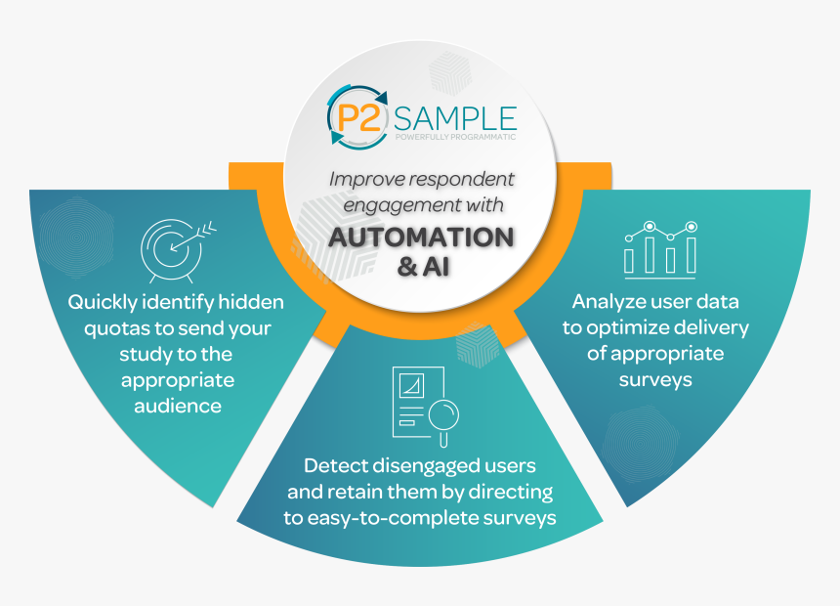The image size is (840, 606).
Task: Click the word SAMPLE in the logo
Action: pyautogui.click(x=455, y=118)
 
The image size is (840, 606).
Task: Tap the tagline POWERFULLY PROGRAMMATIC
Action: pyautogui.click(x=455, y=137)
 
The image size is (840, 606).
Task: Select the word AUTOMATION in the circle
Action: pyautogui.click(x=421, y=238)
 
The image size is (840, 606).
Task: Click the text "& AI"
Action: pyautogui.click(x=420, y=267)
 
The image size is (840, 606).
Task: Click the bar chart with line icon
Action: pyautogui.click(x=660, y=247)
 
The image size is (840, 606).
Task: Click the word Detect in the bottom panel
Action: pyautogui.click(x=337, y=466)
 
